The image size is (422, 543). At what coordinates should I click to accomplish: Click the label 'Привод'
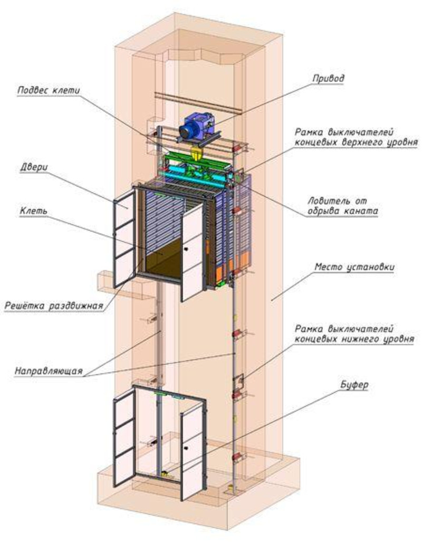tap(328, 79)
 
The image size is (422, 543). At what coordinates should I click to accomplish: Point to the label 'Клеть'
tap(34, 211)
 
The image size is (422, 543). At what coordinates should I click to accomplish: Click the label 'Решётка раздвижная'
tap(53, 306)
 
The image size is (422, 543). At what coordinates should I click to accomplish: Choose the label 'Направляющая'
tap(49, 370)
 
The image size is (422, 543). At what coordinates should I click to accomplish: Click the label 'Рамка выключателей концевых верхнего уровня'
tap(357, 137)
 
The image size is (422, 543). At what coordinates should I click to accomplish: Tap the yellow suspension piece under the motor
tap(196, 153)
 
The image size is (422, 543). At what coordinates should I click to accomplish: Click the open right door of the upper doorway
tap(192, 252)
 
